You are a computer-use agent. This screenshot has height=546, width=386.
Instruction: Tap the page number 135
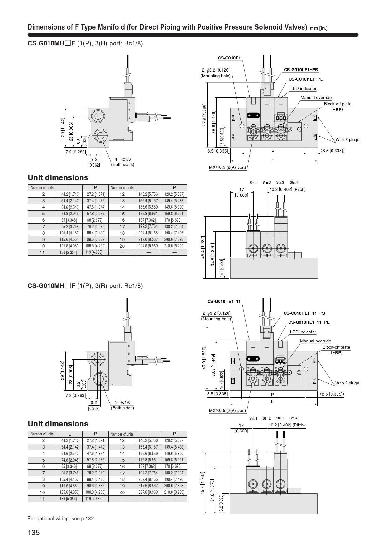click(34, 532)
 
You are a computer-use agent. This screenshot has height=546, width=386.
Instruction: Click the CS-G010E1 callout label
click(229, 58)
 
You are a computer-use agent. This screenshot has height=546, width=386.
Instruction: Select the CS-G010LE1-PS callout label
click(301, 70)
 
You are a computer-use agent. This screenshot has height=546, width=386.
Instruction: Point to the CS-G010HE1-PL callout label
click(305, 79)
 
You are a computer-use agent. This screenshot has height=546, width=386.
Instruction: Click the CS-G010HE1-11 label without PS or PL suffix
click(224, 301)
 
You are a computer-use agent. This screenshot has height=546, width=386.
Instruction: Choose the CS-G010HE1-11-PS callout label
click(304, 313)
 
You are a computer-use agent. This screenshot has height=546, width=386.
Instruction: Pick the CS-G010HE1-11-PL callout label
click(308, 322)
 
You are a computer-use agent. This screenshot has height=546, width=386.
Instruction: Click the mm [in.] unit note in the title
click(318, 28)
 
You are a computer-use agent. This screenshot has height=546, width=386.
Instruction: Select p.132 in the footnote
click(88, 518)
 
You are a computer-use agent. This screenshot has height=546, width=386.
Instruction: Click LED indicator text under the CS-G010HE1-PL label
click(303, 88)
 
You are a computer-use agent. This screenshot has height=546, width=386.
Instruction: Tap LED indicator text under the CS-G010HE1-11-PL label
click(303, 332)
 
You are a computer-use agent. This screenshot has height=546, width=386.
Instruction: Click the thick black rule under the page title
click(193, 35)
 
